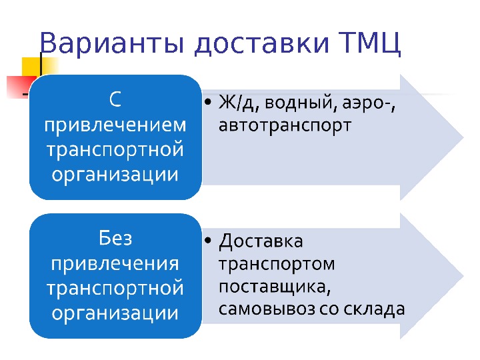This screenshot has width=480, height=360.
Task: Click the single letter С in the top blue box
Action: [x=115, y=100]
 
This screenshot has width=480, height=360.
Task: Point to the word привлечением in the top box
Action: [x=115, y=125]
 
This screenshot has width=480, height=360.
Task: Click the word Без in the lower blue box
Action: [x=115, y=237]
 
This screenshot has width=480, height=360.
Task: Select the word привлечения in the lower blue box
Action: [x=115, y=263]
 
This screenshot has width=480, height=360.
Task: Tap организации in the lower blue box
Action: [x=115, y=312]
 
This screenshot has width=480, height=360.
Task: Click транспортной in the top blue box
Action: [x=115, y=150]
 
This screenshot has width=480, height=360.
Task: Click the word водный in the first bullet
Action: [x=297, y=103]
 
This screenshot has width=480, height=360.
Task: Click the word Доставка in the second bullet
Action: [x=261, y=240]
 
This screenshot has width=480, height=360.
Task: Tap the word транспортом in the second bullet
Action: [x=277, y=264]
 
